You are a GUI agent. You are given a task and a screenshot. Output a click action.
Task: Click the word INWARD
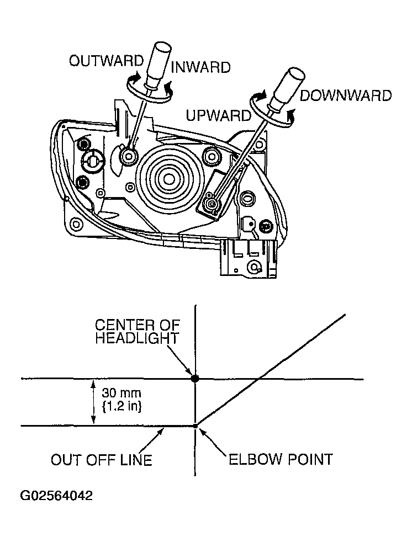coord(200,67)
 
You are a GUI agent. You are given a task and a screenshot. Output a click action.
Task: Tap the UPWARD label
coord(218,116)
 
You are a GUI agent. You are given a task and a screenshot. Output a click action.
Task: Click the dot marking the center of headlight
coord(195,379)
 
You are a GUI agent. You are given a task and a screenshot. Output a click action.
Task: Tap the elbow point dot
coord(196,426)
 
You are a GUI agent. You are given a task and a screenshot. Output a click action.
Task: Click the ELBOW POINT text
coord(281,459)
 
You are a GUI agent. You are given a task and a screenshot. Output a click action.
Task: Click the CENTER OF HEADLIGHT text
coord(137,331)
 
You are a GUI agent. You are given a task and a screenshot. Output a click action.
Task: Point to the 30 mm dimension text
coord(122,394)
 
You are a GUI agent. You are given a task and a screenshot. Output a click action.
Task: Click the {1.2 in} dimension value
coord(122,408)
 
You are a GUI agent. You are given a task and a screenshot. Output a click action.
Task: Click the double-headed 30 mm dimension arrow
coord(93,402)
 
